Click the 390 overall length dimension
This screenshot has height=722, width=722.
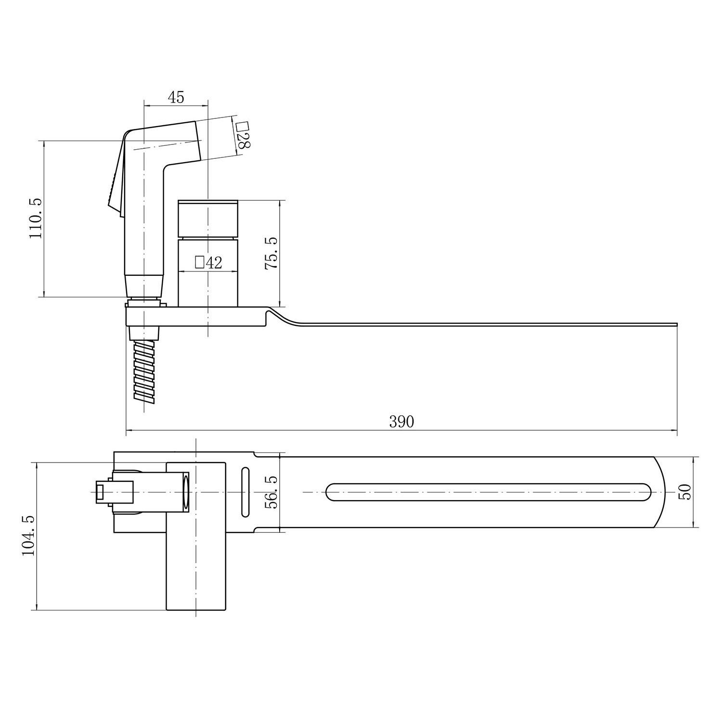click(401, 422)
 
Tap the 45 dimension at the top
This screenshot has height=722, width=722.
click(176, 97)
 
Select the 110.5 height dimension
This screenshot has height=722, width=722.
click(37, 218)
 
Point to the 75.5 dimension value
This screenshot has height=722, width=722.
click(271, 253)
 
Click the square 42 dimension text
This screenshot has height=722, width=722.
click(208, 262)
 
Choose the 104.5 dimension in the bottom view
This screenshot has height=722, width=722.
click(28, 535)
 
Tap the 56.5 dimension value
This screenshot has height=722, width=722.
click(272, 492)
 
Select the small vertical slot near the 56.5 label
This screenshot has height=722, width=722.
click(245, 492)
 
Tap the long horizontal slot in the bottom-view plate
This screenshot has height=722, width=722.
click(489, 492)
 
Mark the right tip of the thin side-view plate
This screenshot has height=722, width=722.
click(676, 324)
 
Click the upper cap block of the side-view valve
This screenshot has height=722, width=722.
click(208, 219)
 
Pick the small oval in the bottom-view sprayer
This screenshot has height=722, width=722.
click(186, 492)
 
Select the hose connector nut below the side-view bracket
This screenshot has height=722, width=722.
click(144, 333)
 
